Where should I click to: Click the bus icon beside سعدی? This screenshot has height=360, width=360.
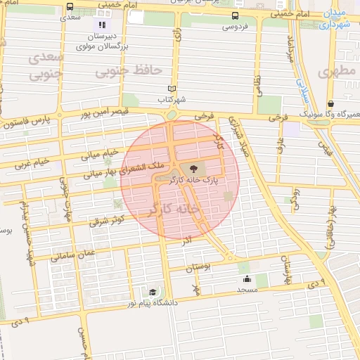[x=69, y=7]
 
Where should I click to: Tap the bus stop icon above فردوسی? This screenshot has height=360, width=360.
[x=234, y=16]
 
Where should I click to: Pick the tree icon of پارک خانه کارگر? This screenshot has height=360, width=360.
[x=191, y=168]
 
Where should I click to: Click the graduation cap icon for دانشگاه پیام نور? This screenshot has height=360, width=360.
[x=153, y=292]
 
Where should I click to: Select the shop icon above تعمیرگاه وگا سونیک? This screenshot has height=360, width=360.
[x=330, y=104]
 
